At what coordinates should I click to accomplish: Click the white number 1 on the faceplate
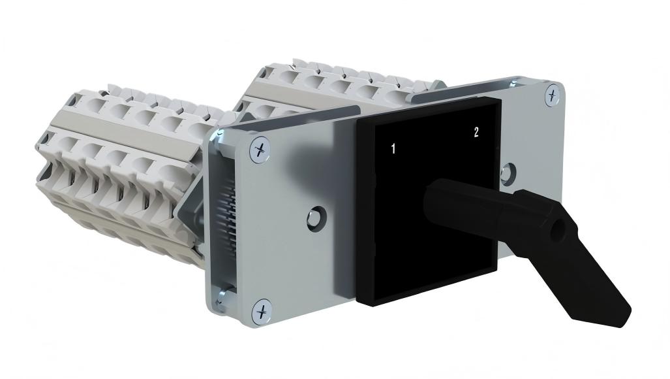click(393, 149)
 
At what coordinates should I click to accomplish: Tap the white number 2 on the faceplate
click(476, 132)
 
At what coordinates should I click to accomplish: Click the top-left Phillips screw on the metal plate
click(260, 149)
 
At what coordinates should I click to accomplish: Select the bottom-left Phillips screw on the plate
click(262, 311)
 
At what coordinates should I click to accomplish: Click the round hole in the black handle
click(557, 231)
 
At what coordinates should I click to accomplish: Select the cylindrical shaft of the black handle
click(466, 205)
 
